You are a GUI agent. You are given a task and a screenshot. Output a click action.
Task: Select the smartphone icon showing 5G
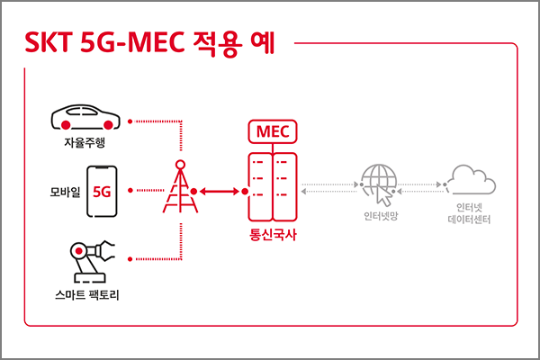(x=101, y=191)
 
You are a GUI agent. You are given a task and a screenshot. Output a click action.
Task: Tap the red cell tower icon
(x=180, y=188)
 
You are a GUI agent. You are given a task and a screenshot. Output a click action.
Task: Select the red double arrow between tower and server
(x=223, y=191)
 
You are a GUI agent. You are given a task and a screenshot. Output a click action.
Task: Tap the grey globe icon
(x=377, y=182)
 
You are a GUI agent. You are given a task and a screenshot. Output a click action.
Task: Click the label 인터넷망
(x=379, y=219)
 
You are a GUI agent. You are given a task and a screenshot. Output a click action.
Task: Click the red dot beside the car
(x=130, y=120)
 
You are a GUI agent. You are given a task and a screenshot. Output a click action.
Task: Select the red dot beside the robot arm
(x=130, y=259)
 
